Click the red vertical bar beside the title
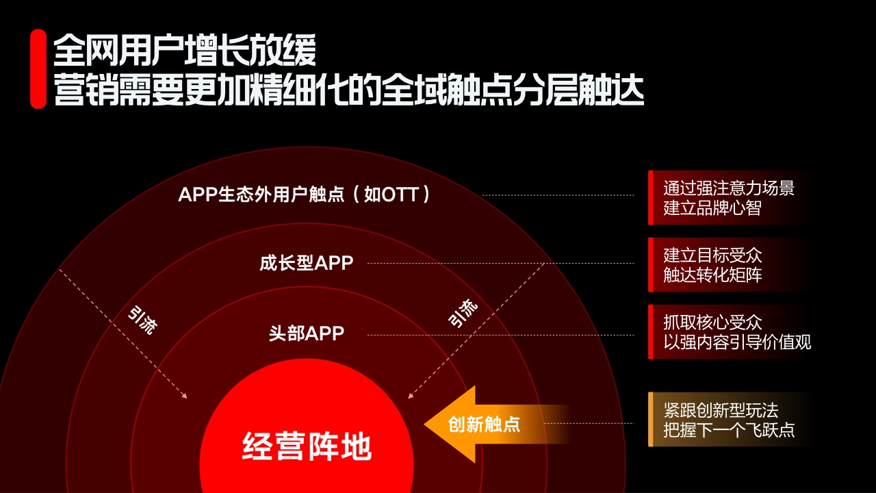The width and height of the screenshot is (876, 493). (x=38, y=68)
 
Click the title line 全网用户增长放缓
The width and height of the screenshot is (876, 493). (x=185, y=49)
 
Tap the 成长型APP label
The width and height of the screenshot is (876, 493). (x=307, y=263)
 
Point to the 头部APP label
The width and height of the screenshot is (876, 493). (x=307, y=334)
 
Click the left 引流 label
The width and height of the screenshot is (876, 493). (x=142, y=320)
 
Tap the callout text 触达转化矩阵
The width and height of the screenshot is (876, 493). (x=712, y=275)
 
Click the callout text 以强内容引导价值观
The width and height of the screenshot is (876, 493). (x=737, y=342)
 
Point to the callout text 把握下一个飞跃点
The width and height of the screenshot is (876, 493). (x=729, y=430)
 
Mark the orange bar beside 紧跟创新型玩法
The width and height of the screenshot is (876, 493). (x=651, y=420)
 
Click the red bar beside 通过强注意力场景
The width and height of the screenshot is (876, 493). (x=651, y=198)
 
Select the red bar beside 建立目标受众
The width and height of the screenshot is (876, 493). (x=651, y=265)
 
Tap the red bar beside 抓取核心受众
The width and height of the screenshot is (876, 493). (x=651, y=332)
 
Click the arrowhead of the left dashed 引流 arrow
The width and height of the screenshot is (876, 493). (x=185, y=396)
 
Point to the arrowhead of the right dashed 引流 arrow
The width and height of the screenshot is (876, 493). (x=409, y=395)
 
